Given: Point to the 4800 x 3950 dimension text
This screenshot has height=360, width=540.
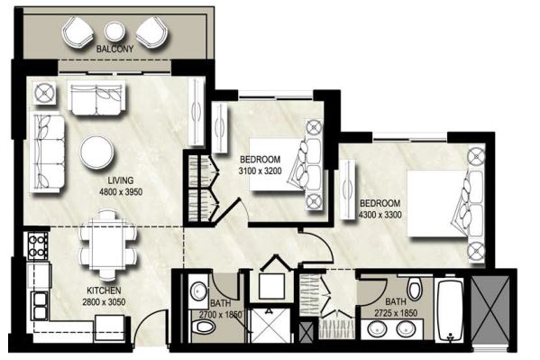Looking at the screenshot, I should pyautogui.click(x=121, y=192).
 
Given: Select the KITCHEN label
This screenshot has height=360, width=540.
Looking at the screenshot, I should pyautogui.click(x=105, y=291).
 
